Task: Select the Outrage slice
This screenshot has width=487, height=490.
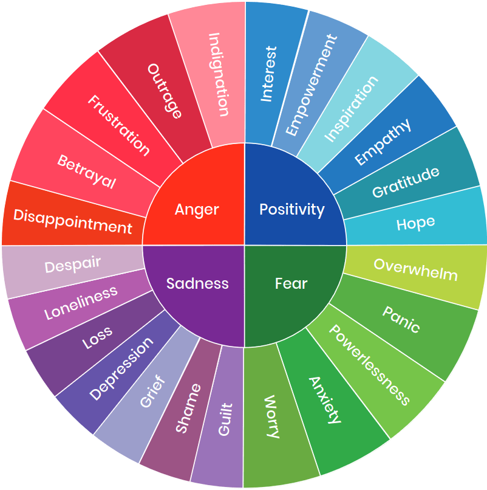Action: click(165, 91)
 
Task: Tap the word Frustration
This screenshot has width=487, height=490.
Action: click(118, 125)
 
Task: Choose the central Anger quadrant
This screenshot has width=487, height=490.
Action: click(197, 210)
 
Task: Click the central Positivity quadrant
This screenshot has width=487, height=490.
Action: click(291, 210)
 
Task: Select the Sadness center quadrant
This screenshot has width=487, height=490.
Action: click(197, 283)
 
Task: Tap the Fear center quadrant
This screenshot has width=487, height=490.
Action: click(291, 283)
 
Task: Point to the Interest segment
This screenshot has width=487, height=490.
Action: click(268, 73)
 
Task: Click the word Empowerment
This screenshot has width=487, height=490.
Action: click(310, 85)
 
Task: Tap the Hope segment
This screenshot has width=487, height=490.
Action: click(416, 223)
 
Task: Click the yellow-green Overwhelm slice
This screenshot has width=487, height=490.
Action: click(415, 269)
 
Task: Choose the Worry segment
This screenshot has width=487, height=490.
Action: click(273, 416)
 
